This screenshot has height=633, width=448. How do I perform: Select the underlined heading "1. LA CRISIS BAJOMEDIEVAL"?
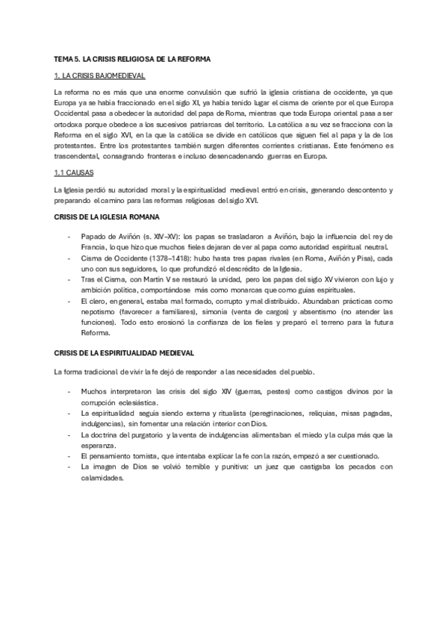[x=100, y=76]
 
